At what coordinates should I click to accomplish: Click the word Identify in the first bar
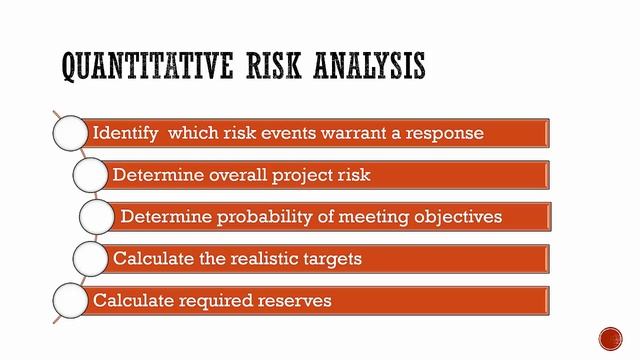tap(126, 133)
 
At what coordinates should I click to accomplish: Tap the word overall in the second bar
tap(240, 175)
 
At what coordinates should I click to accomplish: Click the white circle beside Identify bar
tap(69, 133)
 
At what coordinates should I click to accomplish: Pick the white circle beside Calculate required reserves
tap(69, 300)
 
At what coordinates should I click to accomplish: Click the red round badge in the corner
tap(611, 338)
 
